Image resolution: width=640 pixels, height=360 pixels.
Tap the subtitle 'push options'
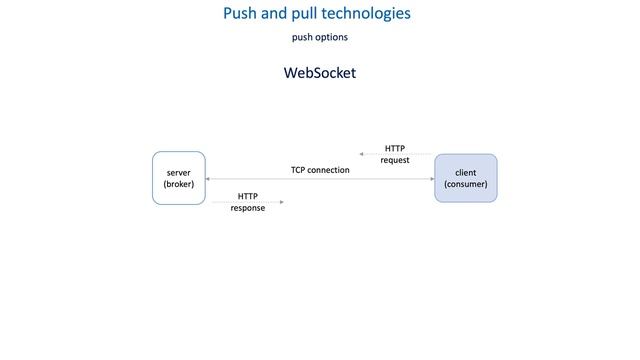(x=319, y=38)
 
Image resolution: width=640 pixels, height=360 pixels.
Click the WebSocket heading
(x=319, y=74)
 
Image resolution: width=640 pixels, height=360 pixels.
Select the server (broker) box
(x=178, y=178)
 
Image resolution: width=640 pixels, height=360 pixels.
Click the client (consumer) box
(x=465, y=178)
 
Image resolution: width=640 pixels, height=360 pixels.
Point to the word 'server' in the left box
(x=178, y=173)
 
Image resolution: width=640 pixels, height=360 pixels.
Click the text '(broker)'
(x=178, y=185)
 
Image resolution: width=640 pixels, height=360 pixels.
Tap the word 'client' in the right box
(x=465, y=173)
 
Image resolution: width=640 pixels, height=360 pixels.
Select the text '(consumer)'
(x=465, y=185)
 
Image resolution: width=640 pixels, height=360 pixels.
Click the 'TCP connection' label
(x=320, y=170)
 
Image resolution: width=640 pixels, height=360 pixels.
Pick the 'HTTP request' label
(x=394, y=154)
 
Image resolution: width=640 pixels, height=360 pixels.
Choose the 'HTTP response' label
(x=247, y=202)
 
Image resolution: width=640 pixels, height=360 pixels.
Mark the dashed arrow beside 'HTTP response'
(x=247, y=202)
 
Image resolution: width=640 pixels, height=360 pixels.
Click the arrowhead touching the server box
(x=208, y=179)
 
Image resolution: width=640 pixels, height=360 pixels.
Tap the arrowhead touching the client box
(x=431, y=179)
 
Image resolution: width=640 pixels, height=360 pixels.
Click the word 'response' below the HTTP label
(x=247, y=208)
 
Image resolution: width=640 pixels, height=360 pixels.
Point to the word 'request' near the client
(x=394, y=160)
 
